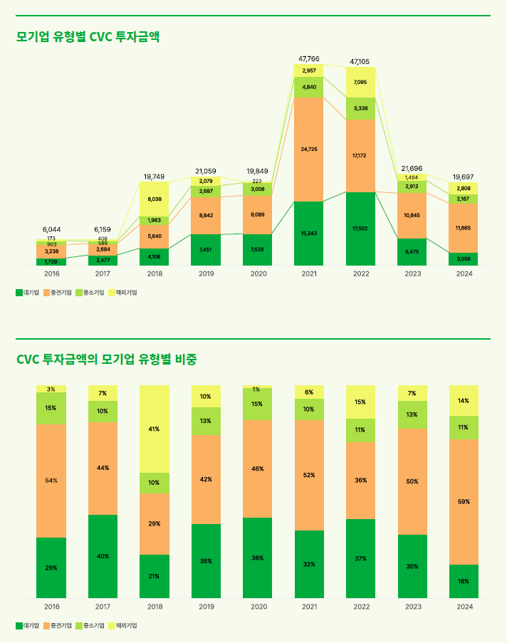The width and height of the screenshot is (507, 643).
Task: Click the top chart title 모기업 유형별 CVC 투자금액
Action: (x=88, y=37)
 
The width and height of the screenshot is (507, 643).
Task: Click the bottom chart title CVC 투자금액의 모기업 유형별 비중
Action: (x=106, y=360)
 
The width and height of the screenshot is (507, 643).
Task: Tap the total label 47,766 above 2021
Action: (x=308, y=58)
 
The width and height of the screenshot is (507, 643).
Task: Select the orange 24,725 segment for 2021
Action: (x=308, y=149)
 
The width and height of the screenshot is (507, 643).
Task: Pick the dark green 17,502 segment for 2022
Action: (x=360, y=228)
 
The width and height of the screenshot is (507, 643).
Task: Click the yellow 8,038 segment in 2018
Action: (x=155, y=199)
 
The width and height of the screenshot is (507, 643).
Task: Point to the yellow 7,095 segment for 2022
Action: (x=360, y=83)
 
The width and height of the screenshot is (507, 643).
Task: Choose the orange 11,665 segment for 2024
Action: (x=464, y=228)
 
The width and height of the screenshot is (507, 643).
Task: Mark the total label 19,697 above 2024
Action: (x=464, y=177)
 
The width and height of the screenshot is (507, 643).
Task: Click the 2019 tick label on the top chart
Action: (x=207, y=273)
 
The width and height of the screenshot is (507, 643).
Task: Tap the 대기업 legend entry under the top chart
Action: (x=28, y=292)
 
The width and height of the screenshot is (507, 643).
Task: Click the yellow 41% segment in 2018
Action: (x=155, y=429)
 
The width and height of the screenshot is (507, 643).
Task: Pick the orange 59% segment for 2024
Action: (x=464, y=501)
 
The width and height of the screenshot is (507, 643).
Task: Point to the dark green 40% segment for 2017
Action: (x=103, y=556)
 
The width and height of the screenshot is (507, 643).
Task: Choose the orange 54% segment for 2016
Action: (x=51, y=481)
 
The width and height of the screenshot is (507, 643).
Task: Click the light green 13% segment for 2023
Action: (x=412, y=414)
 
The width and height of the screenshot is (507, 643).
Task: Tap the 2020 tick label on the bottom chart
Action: (x=258, y=607)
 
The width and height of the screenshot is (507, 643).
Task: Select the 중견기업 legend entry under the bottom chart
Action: (x=58, y=625)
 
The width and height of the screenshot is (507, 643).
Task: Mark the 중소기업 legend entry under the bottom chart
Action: (x=90, y=625)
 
